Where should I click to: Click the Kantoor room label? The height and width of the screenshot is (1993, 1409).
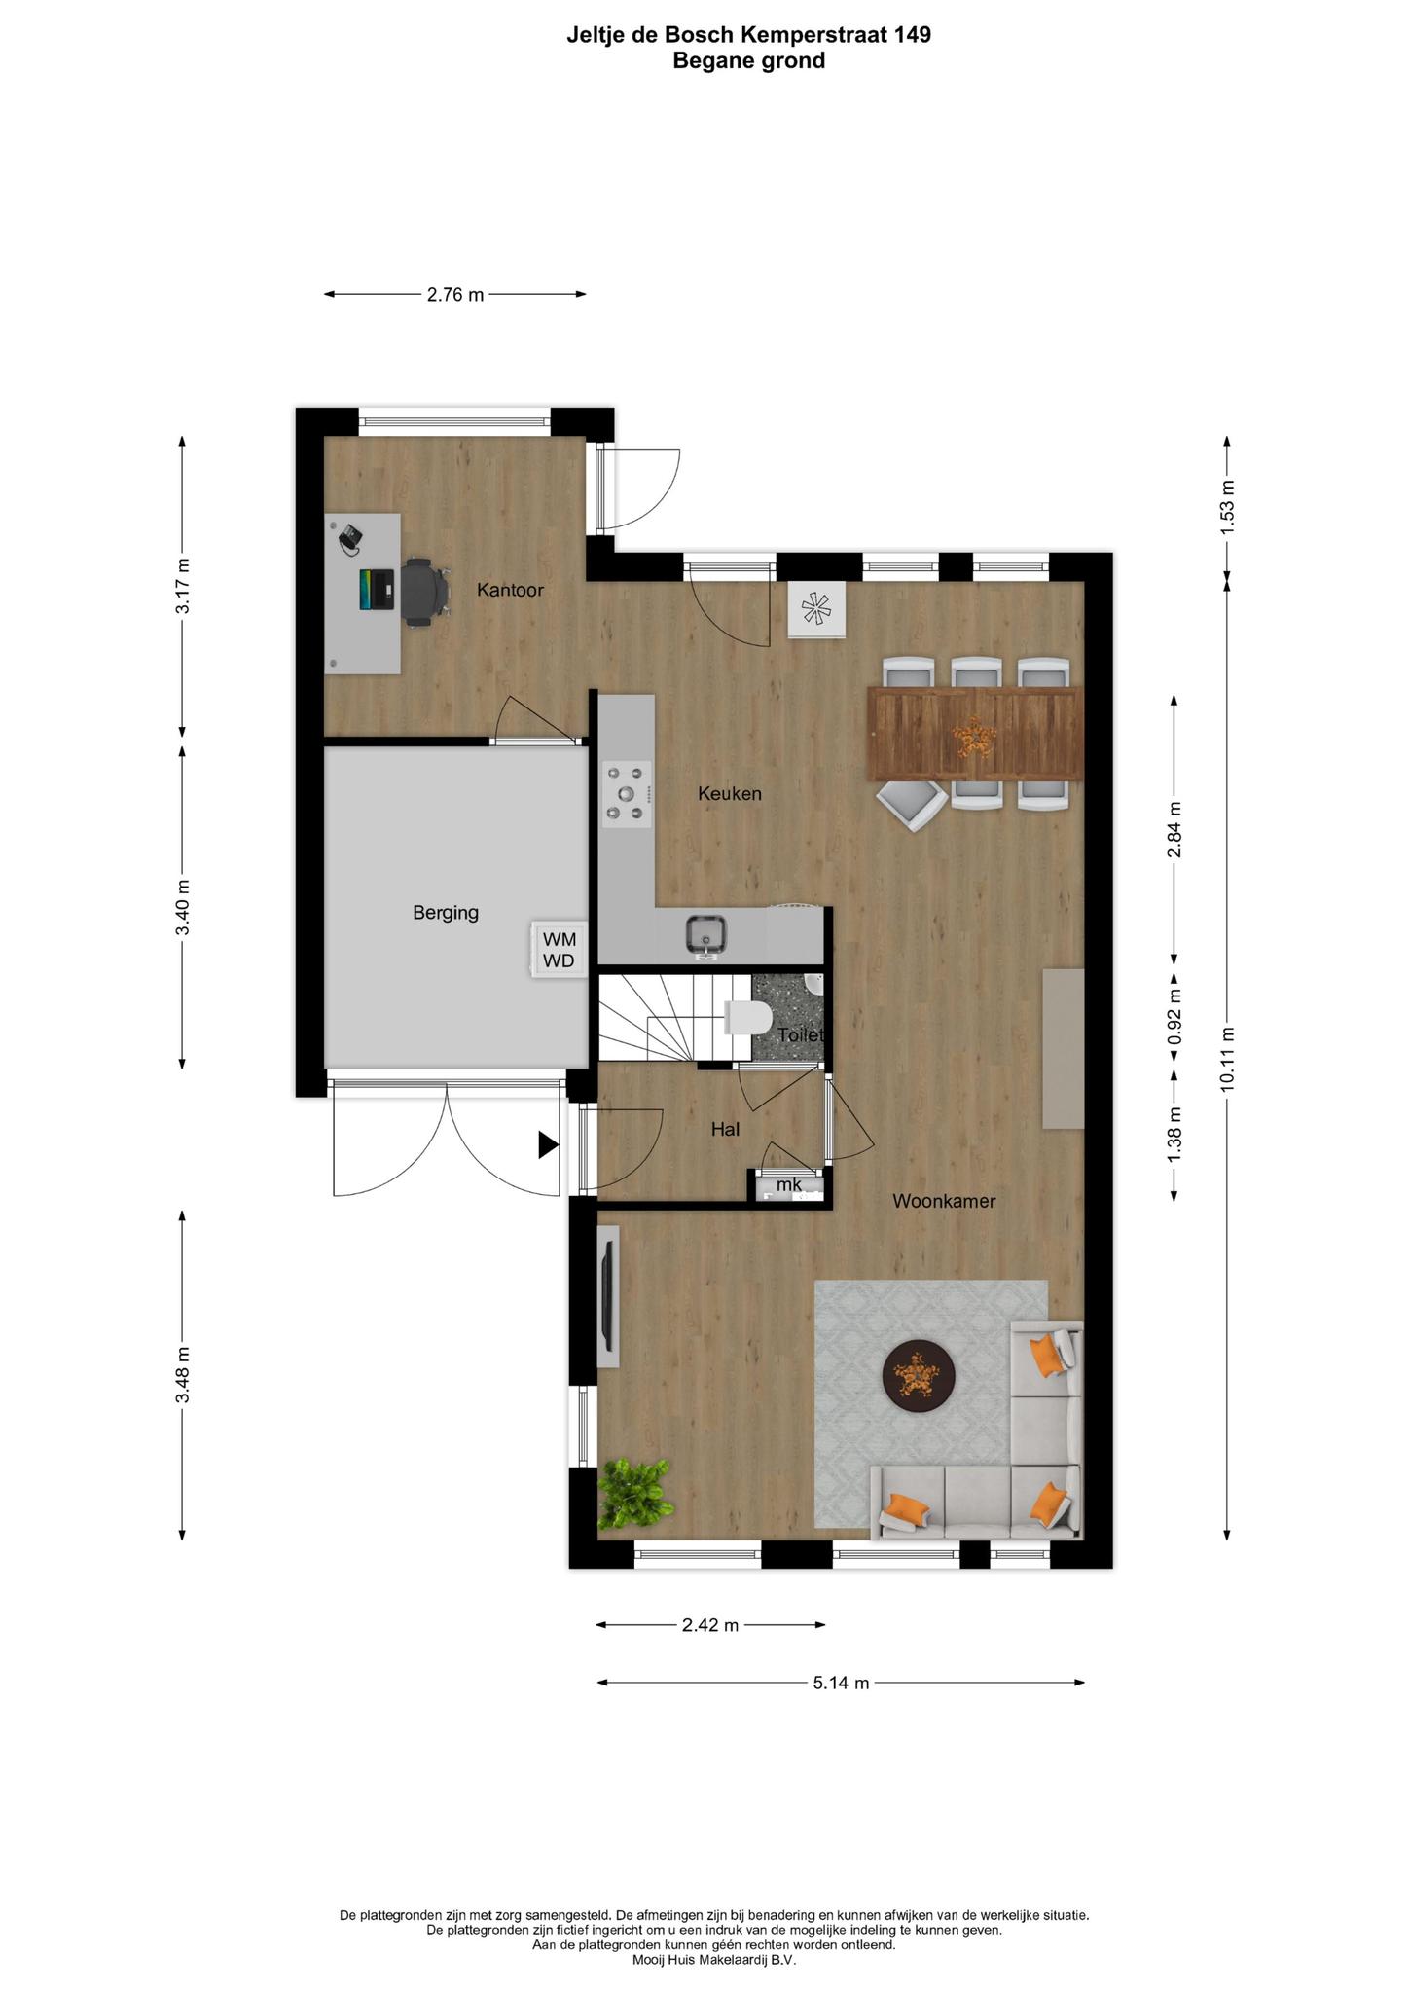click(x=510, y=590)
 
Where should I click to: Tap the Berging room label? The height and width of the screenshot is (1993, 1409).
click(x=446, y=913)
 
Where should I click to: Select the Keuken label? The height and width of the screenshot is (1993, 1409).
click(x=730, y=793)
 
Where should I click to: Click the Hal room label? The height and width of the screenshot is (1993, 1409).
click(x=725, y=1129)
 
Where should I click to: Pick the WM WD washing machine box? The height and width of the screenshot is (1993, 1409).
click(x=560, y=950)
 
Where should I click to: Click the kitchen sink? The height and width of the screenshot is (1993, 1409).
click(x=704, y=935)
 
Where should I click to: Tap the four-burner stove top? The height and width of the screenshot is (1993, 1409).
click(x=627, y=793)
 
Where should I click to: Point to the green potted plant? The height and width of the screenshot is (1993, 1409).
click(x=633, y=1491)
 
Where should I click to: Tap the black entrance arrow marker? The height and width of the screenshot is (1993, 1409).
click(x=549, y=1145)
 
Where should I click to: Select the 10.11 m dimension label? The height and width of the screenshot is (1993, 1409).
click(x=1227, y=1060)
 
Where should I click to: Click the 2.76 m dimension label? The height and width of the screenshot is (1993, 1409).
click(x=454, y=294)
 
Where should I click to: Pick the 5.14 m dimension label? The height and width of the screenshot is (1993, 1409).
click(x=841, y=1683)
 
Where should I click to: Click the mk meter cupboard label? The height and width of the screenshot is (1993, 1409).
click(x=788, y=1184)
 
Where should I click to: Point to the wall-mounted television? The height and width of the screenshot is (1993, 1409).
click(x=607, y=1296)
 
